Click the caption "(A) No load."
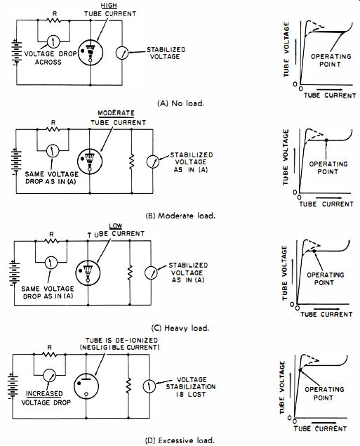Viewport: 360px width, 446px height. pyautogui.click(x=181, y=103)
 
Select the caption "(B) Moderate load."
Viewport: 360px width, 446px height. pyautogui.click(x=180, y=216)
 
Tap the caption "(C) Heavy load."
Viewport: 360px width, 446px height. pyautogui.click(x=180, y=328)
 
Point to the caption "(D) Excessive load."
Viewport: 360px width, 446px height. pyautogui.click(x=180, y=440)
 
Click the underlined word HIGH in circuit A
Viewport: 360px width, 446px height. pyautogui.click(x=109, y=6)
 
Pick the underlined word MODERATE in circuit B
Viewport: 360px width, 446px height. pyautogui.click(x=116, y=113)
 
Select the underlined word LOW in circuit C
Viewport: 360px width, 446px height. pyautogui.click(x=116, y=226)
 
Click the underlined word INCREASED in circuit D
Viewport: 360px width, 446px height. pyautogui.click(x=44, y=393)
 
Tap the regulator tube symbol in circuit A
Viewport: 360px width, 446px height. pyautogui.click(x=91, y=53)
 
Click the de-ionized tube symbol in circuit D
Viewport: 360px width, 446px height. pyautogui.click(x=86, y=386)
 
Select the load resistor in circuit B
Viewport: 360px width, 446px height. pyautogui.click(x=131, y=162)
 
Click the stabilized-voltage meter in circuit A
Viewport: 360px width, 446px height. pyautogui.click(x=122, y=53)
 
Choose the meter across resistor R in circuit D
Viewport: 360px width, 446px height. pyautogui.click(x=49, y=376)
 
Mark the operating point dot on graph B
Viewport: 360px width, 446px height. pyautogui.click(x=326, y=140)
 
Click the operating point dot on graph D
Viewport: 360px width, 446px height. pyautogui.click(x=300, y=369)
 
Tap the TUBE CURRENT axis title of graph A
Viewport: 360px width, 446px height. pyautogui.click(x=330, y=96)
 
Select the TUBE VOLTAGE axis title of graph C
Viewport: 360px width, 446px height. pyautogui.click(x=285, y=273)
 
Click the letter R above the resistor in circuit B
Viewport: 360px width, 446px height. pyautogui.click(x=53, y=123)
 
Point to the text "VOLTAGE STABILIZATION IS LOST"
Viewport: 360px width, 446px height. pyautogui.click(x=191, y=387)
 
